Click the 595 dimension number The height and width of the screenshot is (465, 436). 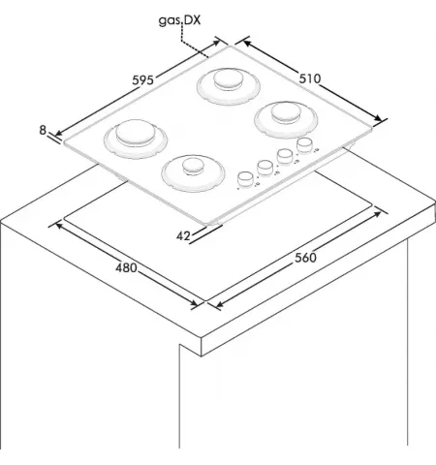[x=142, y=79]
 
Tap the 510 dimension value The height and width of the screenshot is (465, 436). [x=310, y=78]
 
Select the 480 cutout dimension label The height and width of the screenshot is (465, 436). [x=126, y=267]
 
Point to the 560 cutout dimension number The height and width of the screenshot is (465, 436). [x=305, y=258]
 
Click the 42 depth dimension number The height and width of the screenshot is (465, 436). [x=183, y=236]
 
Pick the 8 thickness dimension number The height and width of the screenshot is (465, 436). [x=43, y=130]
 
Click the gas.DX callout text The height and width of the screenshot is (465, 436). [x=179, y=20]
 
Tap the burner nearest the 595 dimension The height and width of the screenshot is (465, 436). [x=136, y=139]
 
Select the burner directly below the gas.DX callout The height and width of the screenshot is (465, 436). [x=229, y=86]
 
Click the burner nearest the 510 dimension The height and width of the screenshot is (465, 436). [x=286, y=119]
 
